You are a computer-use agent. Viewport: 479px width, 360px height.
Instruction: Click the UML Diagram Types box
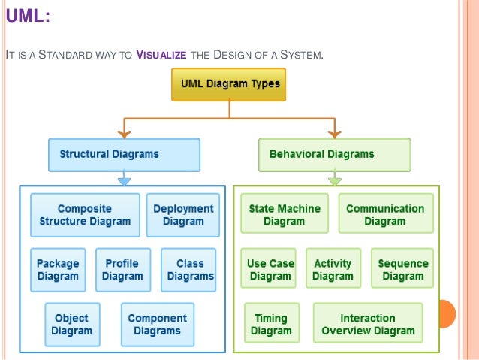tap(228, 84)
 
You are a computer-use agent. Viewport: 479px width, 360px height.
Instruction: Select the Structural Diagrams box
tap(124, 154)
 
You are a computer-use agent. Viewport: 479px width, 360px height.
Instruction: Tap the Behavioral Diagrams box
tap(334, 154)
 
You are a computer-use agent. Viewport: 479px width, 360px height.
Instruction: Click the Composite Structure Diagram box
tap(85, 215)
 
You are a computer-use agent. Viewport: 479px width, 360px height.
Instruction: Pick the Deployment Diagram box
tap(183, 215)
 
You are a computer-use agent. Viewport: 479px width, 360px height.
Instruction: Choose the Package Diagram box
tap(58, 270)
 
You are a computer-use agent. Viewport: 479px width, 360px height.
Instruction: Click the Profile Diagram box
tap(122, 270)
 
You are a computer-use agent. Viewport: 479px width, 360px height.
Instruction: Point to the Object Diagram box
tap(72, 324)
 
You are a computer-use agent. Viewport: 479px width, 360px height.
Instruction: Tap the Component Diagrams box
tap(158, 324)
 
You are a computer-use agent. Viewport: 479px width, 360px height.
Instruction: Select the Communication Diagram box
tap(385, 215)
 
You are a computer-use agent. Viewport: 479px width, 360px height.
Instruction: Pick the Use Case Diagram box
tap(270, 269)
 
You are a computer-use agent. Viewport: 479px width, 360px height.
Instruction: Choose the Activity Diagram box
tap(333, 269)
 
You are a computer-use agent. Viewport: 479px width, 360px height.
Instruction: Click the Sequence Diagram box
tap(402, 269)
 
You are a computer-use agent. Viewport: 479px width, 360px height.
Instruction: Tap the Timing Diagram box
tap(271, 324)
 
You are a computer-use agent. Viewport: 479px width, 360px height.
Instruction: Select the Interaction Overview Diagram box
tap(368, 324)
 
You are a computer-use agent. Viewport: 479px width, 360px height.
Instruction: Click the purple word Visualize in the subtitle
tap(159, 53)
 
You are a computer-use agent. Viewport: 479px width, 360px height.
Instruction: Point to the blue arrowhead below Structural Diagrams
tap(125, 180)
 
